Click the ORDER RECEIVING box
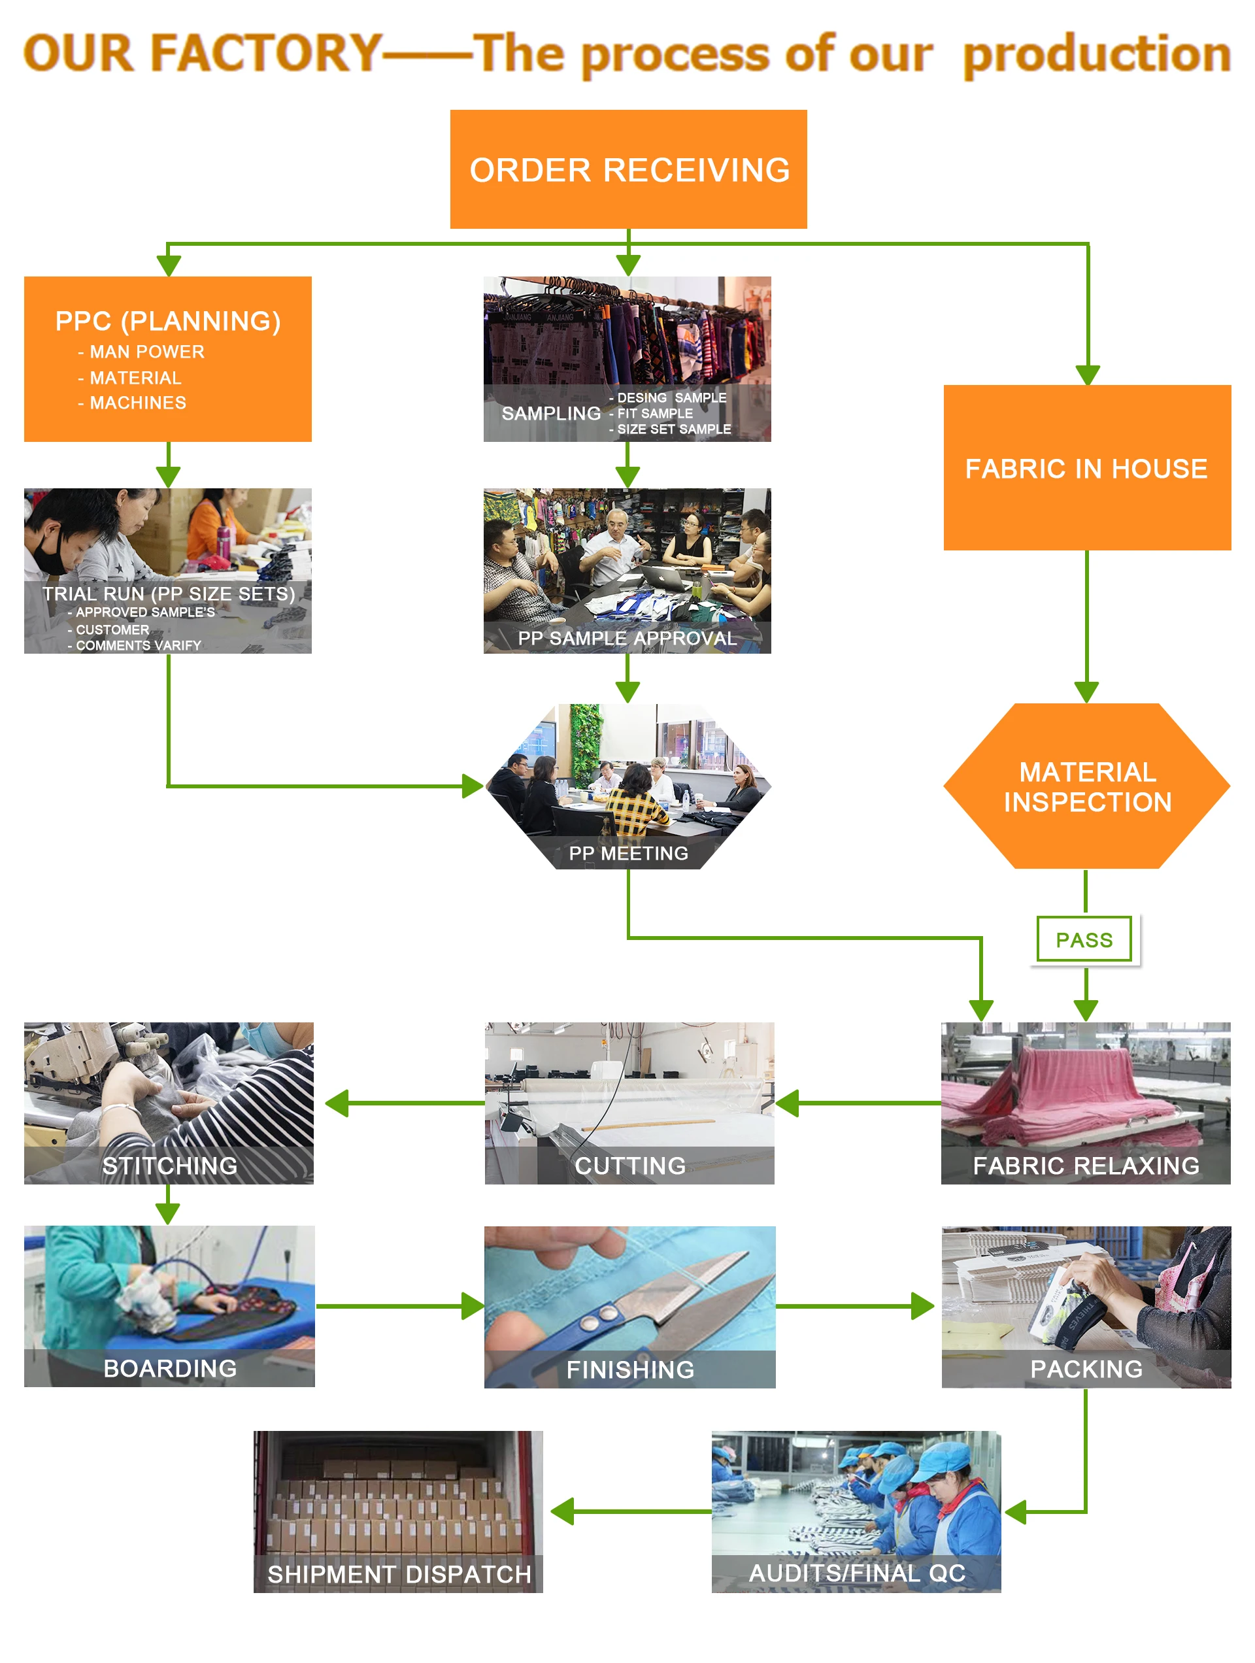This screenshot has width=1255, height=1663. (x=628, y=169)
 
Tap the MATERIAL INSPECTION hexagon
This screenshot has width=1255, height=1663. (x=1086, y=786)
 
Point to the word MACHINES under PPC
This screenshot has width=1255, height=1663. (x=138, y=403)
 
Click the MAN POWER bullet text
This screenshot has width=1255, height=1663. (x=146, y=352)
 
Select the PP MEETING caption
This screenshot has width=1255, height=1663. (x=628, y=853)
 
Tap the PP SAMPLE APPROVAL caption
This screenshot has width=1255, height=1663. (x=626, y=638)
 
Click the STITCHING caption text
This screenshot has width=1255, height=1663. (x=170, y=1166)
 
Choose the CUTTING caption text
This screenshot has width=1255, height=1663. (x=629, y=1166)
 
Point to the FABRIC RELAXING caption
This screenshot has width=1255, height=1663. (x=1086, y=1166)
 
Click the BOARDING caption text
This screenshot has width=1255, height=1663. (x=170, y=1368)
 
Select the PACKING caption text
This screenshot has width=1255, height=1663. (x=1086, y=1369)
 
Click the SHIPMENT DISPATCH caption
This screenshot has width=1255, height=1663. (x=399, y=1574)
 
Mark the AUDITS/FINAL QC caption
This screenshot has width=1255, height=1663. (x=856, y=1573)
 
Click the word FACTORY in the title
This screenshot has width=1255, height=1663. (x=267, y=53)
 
